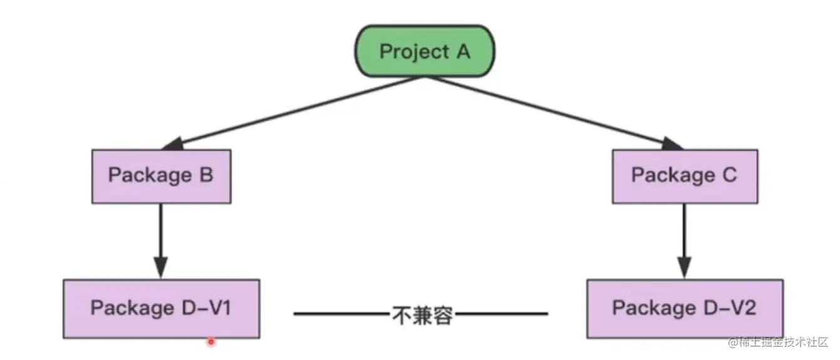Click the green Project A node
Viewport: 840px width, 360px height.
pos(425,51)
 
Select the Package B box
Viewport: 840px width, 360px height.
pos(161,176)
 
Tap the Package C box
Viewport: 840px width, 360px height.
pos(684,176)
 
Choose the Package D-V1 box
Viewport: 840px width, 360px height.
pos(161,309)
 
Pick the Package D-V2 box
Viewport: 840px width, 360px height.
pos(684,309)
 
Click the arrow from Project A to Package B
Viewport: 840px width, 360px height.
pos(294,113)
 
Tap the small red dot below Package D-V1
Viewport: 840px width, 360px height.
pos(211,342)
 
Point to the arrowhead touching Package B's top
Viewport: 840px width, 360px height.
pos(172,145)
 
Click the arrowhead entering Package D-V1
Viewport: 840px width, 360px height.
pos(161,268)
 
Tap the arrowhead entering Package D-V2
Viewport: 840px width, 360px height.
pos(684,268)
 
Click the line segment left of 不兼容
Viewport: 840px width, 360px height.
pos(341,314)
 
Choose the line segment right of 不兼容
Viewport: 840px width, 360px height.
pos(501,314)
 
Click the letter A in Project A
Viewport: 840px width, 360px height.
pos(463,51)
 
